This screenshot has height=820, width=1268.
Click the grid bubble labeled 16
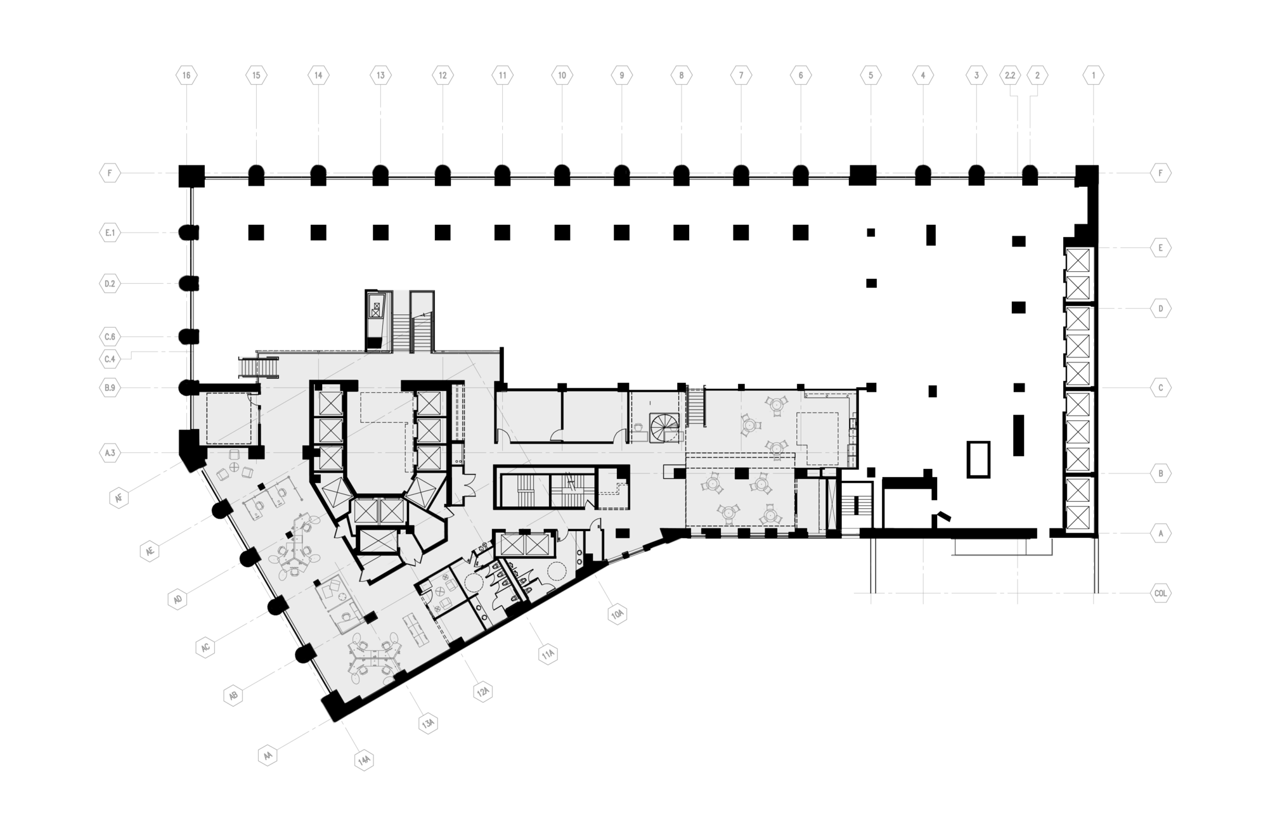coord(186,75)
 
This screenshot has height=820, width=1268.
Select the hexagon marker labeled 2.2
coord(1010,75)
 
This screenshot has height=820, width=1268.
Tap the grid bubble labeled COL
coord(1161,594)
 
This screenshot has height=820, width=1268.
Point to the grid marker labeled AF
coord(119,498)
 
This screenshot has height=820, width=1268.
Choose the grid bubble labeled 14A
coord(364,760)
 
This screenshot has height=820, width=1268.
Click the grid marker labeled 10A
coord(617,614)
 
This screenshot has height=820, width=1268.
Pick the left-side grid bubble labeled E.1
coord(110,233)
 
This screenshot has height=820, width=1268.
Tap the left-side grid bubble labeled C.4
coord(110,359)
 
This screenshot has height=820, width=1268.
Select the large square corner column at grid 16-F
coord(191,176)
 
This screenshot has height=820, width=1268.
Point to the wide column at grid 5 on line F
coord(862,175)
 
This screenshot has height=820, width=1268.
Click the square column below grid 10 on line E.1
coord(562,233)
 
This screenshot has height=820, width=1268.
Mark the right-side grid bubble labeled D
coord(1161,309)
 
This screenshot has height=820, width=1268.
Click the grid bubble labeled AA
coord(268,756)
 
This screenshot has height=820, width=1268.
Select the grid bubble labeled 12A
coord(483,691)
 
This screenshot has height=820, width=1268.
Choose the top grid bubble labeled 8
coord(682,75)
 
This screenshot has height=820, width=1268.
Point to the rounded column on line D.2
coord(189,283)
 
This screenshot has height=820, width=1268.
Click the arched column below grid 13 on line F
coord(380,176)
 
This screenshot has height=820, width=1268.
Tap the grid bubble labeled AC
coord(205,648)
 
